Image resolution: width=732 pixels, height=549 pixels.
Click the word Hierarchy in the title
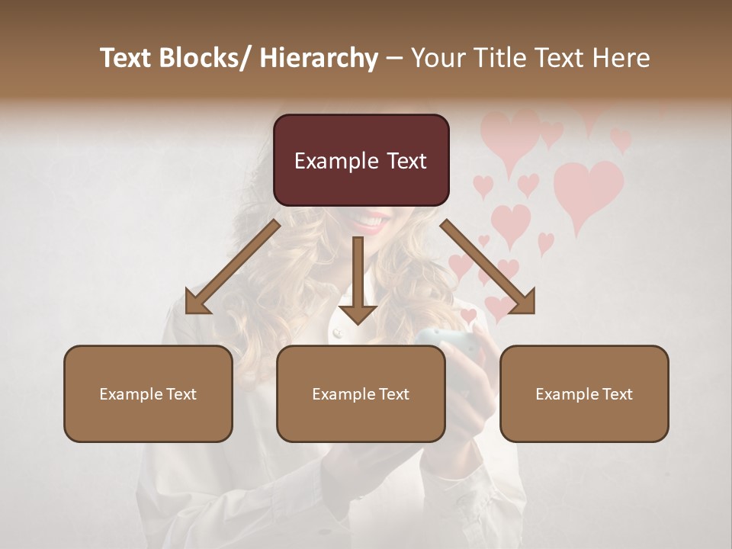click(318, 58)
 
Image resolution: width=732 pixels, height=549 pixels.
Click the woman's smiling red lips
click(370, 221)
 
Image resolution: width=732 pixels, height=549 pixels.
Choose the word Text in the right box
click(616, 394)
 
